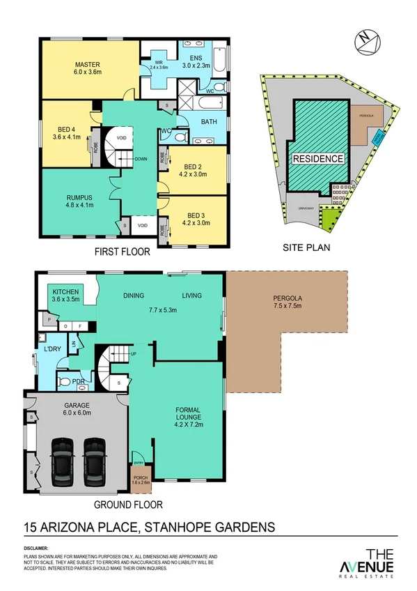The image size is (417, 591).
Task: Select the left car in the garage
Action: pyautogui.click(x=61, y=463)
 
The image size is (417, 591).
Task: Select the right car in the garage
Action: pyautogui.click(x=95, y=463)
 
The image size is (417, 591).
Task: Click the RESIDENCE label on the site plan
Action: pyautogui.click(x=317, y=158)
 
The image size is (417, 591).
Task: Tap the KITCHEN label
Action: pyautogui.click(x=65, y=295)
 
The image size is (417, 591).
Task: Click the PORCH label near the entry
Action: pyautogui.click(x=140, y=479)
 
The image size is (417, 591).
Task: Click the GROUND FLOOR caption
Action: pyautogui.click(x=129, y=504)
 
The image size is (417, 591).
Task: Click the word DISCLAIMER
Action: pyautogui.click(x=38, y=548)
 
